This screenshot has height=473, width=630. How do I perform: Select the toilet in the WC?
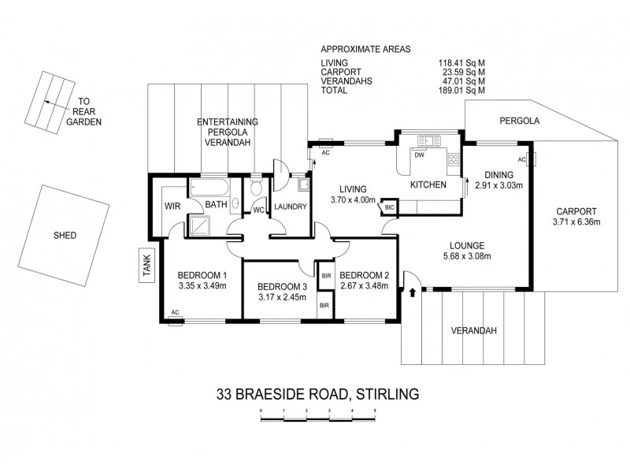click(x=255, y=190)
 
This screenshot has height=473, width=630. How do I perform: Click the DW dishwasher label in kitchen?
click(x=419, y=155)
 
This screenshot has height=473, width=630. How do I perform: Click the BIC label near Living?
click(x=389, y=207)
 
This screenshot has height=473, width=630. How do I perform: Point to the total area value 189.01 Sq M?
click(x=461, y=91)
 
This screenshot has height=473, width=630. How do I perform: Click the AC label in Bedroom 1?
click(x=174, y=313)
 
